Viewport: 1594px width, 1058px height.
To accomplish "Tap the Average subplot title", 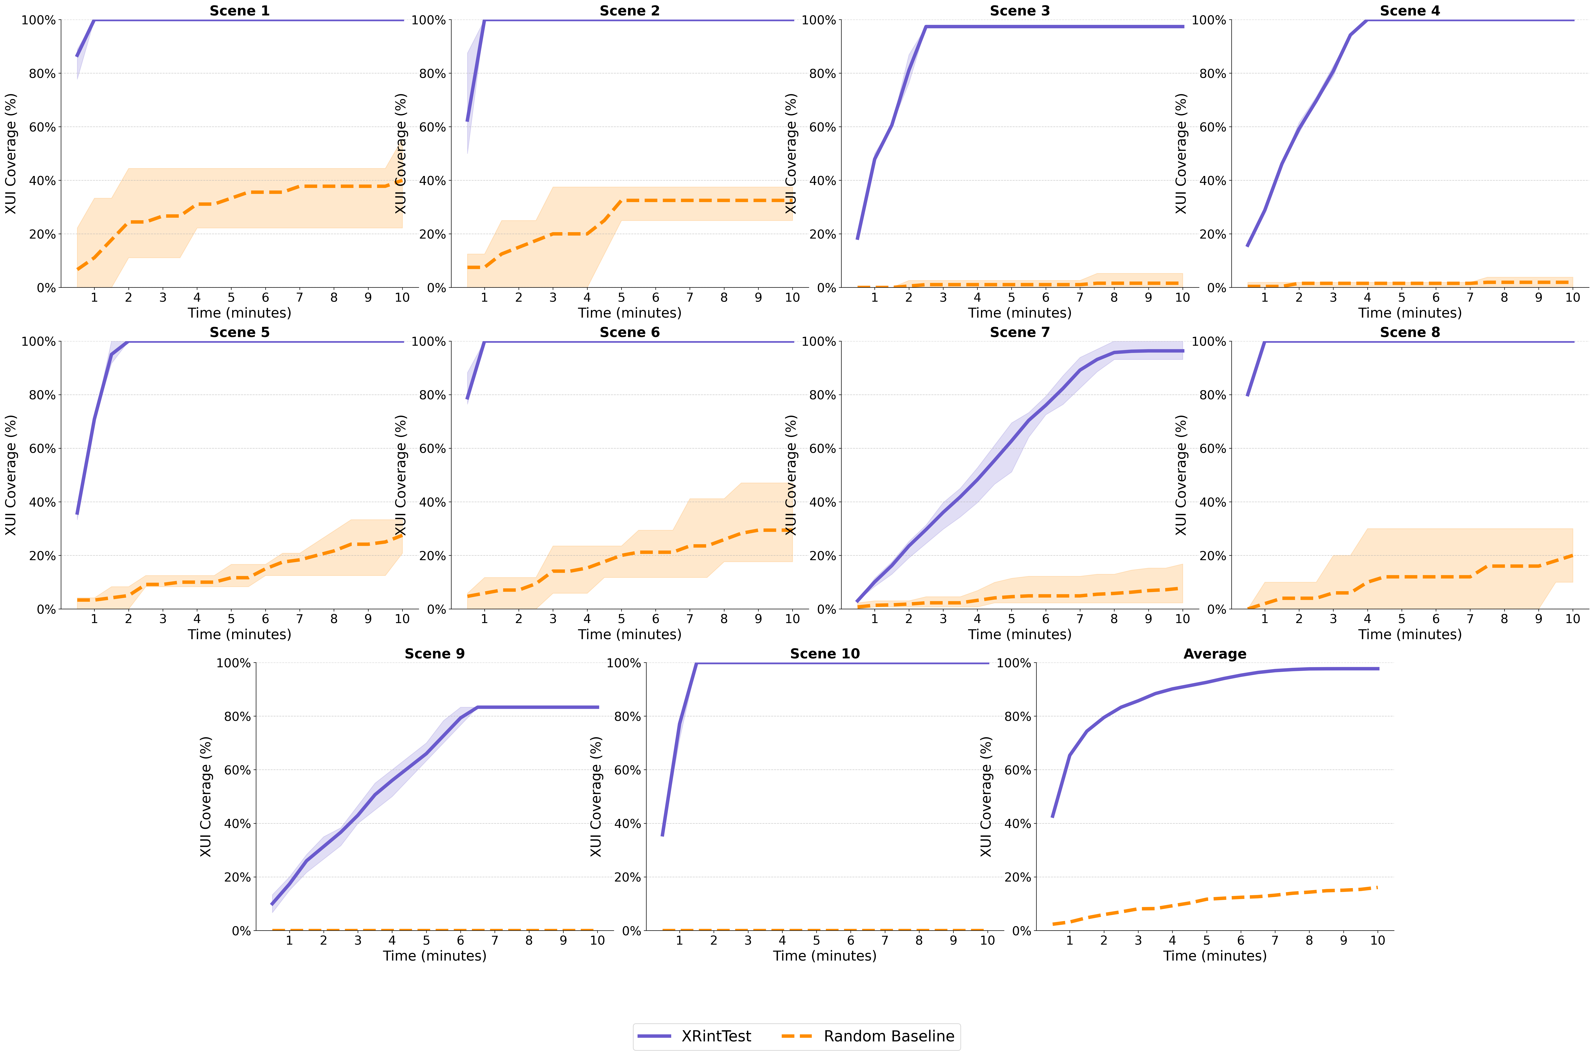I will (1214, 654).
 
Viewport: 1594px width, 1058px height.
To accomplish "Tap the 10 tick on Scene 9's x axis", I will (597, 941).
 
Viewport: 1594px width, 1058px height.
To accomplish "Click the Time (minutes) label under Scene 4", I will (1409, 313).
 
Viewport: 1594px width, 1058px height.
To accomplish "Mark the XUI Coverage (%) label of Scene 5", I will (11, 475).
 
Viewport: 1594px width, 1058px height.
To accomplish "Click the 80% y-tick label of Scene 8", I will (1212, 395).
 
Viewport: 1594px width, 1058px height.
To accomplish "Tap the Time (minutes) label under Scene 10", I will (824, 956).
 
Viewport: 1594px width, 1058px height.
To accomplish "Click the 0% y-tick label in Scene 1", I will (46, 288).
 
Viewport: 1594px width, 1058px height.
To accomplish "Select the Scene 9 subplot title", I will (434, 654).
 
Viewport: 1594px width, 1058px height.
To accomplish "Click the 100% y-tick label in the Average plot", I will (1014, 663).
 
